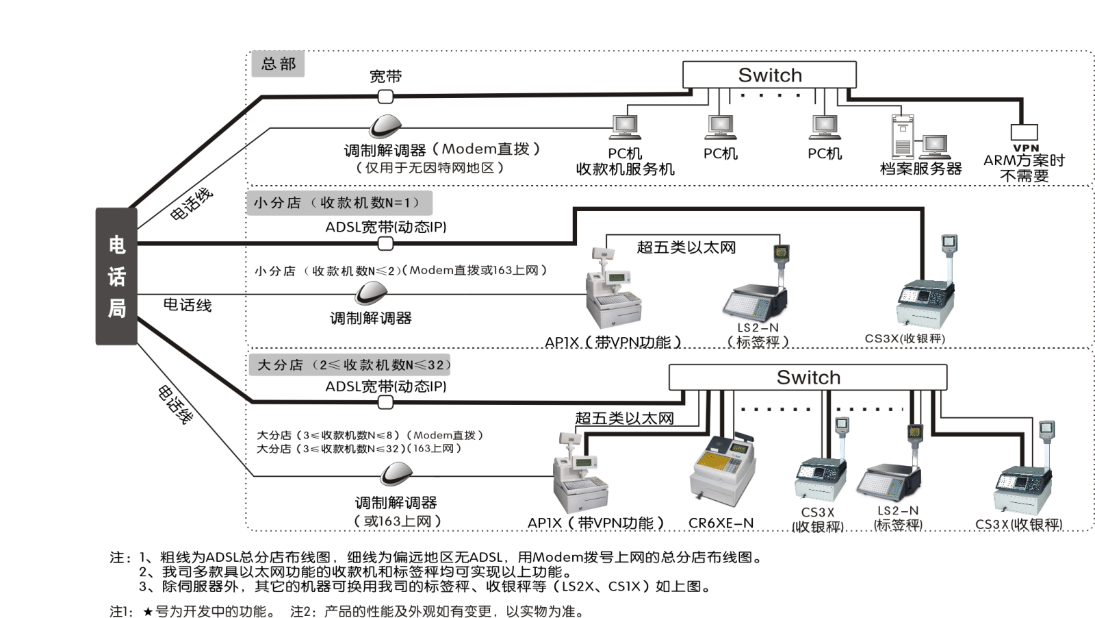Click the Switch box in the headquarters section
pos(769,75)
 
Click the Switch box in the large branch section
pos(808,378)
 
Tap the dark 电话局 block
pos(116,276)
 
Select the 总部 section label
pos(278,64)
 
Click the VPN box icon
pos(1025,132)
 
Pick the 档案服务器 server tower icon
pos(903,136)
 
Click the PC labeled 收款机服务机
pos(625,127)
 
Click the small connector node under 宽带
pos(386,97)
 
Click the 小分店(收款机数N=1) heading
pos(339,203)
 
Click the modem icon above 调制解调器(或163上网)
pos(396,473)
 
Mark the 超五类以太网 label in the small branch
pos(686,247)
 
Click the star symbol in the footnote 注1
pos(147,611)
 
